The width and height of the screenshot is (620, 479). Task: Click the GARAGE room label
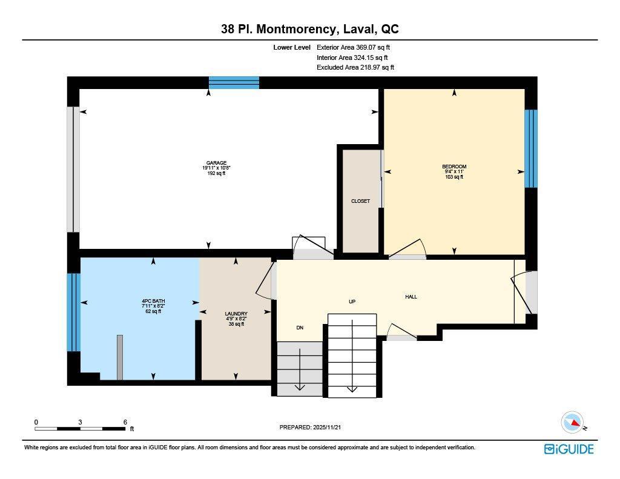(x=216, y=163)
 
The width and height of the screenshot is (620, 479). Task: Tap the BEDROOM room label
(x=454, y=167)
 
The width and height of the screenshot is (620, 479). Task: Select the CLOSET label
(x=360, y=201)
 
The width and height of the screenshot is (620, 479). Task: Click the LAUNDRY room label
(x=235, y=314)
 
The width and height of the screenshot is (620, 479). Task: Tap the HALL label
(x=411, y=297)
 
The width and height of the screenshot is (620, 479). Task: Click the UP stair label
(x=352, y=301)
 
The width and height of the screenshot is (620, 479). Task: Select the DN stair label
(x=299, y=328)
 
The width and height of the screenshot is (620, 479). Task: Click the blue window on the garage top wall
(x=234, y=82)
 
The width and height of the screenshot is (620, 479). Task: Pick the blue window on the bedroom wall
(x=530, y=148)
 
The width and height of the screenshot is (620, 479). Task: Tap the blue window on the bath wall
(x=73, y=312)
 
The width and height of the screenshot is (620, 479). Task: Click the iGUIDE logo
(x=569, y=449)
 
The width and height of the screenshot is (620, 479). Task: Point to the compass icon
(x=572, y=422)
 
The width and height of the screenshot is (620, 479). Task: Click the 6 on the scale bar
(x=125, y=422)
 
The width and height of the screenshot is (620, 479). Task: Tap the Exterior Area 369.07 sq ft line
(x=355, y=47)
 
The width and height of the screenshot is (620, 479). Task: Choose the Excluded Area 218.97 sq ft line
(x=355, y=68)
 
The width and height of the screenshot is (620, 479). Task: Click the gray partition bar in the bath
(x=120, y=357)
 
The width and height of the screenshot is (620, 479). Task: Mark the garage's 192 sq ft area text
(x=216, y=173)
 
